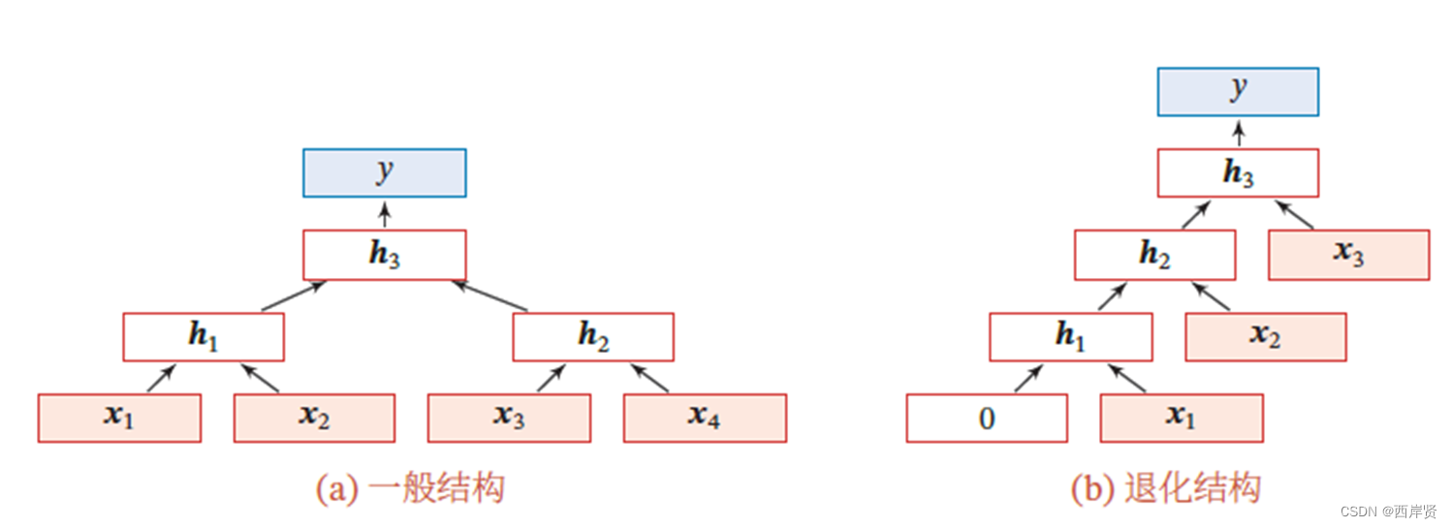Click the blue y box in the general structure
point(385,173)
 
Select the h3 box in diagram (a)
point(385,255)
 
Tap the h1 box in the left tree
point(204,337)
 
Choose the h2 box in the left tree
point(593,337)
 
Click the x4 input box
point(705,418)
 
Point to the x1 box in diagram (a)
point(119,418)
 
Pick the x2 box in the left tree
point(314,418)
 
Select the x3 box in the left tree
point(510,418)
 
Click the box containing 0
point(987,418)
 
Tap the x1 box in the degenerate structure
point(1182,418)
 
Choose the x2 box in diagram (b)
point(1265,337)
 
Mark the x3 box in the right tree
point(1348,255)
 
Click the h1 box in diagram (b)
point(1071,337)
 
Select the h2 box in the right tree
point(1154,255)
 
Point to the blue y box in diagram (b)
point(1238,91)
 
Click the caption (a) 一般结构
point(410,488)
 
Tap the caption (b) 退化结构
point(1166,488)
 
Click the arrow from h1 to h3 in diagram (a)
point(294,296)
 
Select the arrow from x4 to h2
point(649,379)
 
